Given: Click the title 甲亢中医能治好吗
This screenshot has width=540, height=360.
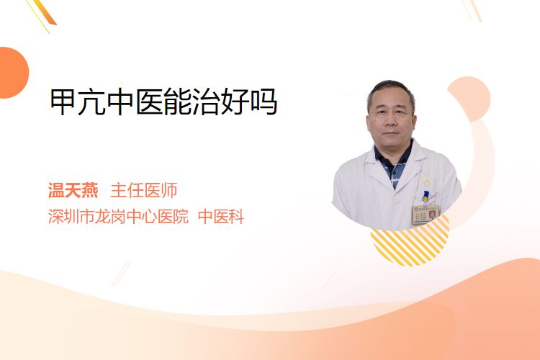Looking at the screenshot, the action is (164, 102).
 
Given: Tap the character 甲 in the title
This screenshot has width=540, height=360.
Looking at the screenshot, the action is (63, 102).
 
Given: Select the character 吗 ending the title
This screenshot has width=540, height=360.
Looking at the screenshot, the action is (264, 102).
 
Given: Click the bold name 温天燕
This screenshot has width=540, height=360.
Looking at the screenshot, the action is (73, 190).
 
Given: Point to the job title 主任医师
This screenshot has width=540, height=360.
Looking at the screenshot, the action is (143, 190).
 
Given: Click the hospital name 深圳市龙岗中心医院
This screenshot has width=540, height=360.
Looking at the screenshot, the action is (118, 216).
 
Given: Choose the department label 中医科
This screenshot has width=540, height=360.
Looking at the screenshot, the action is (221, 216).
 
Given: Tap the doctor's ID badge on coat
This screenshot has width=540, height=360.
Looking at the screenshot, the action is (426, 215).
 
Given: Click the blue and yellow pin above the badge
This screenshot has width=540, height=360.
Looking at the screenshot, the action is (426, 196).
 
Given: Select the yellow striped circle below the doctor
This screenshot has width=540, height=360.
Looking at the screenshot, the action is (410, 243).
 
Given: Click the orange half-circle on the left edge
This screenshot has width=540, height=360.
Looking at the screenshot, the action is (13, 73).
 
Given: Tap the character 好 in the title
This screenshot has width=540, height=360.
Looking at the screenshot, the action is (235, 102).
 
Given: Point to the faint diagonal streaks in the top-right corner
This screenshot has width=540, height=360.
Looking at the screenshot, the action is (472, 9).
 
